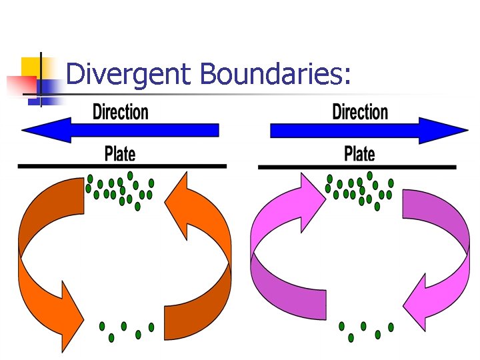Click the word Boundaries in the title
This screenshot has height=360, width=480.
tap(274, 74)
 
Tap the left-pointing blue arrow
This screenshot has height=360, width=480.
tap(120, 130)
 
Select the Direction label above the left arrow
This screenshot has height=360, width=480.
tap(121, 111)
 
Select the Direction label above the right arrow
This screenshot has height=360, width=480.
tap(360, 111)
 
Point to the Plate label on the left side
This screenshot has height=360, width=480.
tap(120, 154)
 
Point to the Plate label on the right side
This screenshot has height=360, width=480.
tap(359, 154)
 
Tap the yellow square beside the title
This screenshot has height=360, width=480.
tap(31, 67)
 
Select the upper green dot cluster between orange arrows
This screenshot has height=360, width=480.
tap(120, 190)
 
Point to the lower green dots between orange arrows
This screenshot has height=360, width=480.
tap(125, 330)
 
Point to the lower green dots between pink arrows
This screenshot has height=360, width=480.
tap(365, 330)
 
